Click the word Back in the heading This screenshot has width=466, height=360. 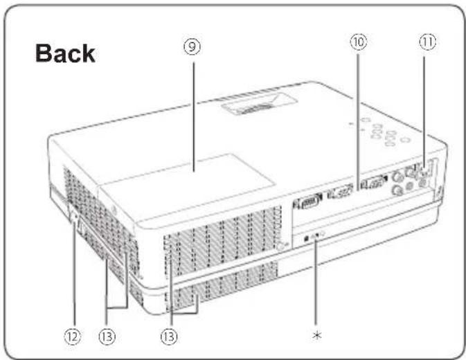[x=65, y=53]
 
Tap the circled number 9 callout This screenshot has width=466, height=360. [x=192, y=47]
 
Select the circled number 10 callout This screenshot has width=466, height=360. [x=359, y=42]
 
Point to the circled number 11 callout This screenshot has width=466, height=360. [x=428, y=42]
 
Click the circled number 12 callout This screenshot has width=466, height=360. [x=73, y=336]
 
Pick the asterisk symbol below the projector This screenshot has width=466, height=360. [x=317, y=335]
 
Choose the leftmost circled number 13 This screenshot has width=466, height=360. [x=107, y=336]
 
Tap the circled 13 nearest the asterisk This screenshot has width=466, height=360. [x=169, y=336]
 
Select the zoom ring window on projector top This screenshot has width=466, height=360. [x=259, y=105]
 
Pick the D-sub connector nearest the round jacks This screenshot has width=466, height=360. [x=374, y=182]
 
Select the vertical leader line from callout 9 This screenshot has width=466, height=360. [x=194, y=117]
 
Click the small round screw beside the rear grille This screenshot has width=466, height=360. [x=280, y=246]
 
